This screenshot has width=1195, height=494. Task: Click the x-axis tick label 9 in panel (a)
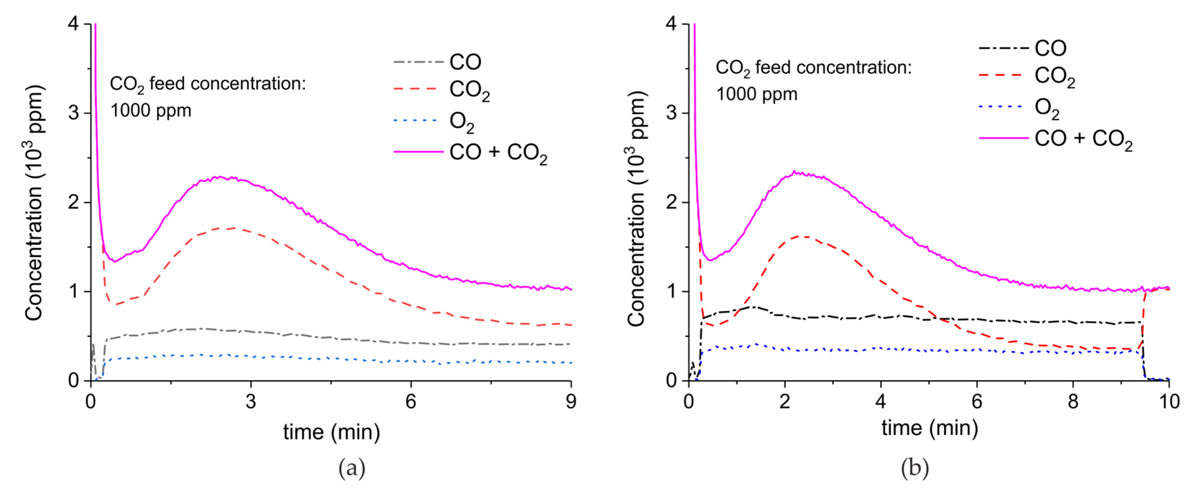coord(571,401)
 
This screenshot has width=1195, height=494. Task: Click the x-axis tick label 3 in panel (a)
coord(251,401)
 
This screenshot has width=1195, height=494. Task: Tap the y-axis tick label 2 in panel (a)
coord(73,202)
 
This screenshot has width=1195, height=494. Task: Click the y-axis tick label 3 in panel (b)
coord(671,113)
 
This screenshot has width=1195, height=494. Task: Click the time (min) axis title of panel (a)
coord(331,432)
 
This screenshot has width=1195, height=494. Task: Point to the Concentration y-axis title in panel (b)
coord(637,209)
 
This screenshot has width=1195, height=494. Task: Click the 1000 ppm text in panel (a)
coord(151,111)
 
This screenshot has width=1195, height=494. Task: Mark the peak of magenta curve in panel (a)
coord(218,177)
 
